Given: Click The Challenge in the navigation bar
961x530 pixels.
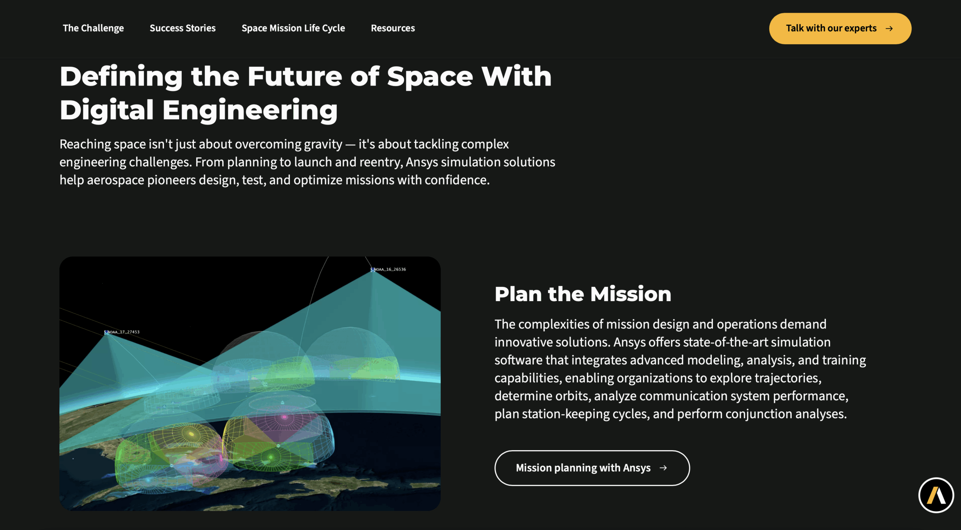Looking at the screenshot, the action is (x=93, y=28).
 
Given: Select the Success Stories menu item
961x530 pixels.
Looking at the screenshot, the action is (x=182, y=28).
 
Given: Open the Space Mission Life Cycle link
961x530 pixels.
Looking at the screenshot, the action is (x=293, y=28).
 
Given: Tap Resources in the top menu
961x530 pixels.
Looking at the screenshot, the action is (x=393, y=28).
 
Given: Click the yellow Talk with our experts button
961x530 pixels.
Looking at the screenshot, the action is (x=840, y=29).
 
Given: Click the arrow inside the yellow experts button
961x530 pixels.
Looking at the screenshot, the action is (x=889, y=29).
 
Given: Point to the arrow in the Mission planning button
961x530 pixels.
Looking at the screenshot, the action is (x=663, y=468).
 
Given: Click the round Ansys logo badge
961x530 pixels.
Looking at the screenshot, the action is (x=936, y=495).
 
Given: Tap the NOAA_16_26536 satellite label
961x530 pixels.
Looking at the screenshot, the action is (x=389, y=269).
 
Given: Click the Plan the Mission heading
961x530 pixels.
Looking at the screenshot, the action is (x=583, y=294).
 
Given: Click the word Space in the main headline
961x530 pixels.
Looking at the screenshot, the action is (x=430, y=77).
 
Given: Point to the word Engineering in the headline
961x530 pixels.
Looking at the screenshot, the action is (x=250, y=110).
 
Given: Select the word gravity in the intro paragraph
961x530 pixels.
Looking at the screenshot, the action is (x=323, y=144).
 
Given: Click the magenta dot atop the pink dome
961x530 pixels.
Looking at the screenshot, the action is (x=284, y=417).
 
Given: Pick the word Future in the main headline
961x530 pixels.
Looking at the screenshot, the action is (x=295, y=77).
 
